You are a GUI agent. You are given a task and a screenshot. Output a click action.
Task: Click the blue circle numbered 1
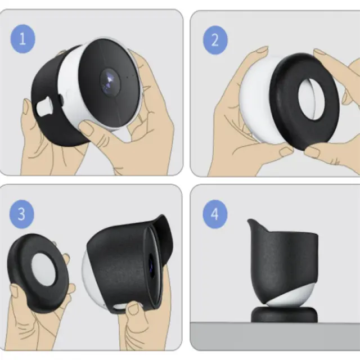[x=22, y=39]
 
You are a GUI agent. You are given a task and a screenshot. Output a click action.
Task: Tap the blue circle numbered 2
[x=215, y=40]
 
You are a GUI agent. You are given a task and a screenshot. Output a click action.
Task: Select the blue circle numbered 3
[x=21, y=214]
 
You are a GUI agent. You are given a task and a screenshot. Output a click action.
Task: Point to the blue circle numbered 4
[x=215, y=214]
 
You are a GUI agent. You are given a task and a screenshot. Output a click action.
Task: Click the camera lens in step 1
[x=110, y=82]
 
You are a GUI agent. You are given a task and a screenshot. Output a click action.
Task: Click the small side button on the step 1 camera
[x=61, y=100]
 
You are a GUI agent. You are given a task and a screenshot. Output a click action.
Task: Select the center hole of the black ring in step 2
[x=312, y=99]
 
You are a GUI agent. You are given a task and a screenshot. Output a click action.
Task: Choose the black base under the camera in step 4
[x=284, y=314]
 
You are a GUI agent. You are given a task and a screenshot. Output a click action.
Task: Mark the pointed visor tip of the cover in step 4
[x=249, y=220]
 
